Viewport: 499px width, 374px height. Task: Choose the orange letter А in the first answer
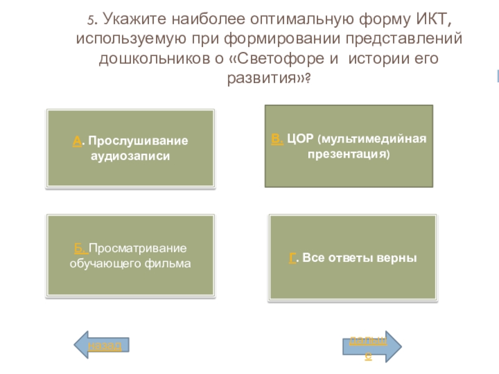tap(76, 141)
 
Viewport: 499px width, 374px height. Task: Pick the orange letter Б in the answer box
tap(80, 249)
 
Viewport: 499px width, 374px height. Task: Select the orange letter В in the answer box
tap(277, 138)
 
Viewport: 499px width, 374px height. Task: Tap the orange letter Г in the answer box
tap(291, 257)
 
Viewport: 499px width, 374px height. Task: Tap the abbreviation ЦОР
tap(301, 138)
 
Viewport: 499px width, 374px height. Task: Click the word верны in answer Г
tap(395, 257)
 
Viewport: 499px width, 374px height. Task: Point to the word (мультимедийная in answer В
tap(372, 138)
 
